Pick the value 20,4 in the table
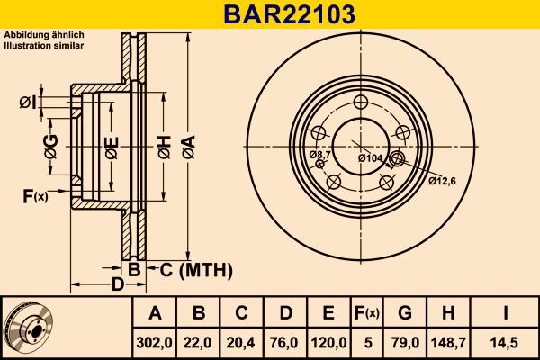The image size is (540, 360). pos(242,342)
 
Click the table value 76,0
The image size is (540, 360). pos(285,342)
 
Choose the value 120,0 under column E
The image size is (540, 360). pos(328,342)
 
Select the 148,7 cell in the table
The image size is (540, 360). pos(447,342)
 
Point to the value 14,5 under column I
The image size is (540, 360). pos(505,342)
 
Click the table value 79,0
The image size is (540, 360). pos(404,342)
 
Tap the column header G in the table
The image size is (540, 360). pos(404,313)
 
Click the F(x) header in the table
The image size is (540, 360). pos(366,313)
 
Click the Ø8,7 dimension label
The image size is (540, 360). pos(320,156)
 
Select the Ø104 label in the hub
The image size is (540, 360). pos(370,158)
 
